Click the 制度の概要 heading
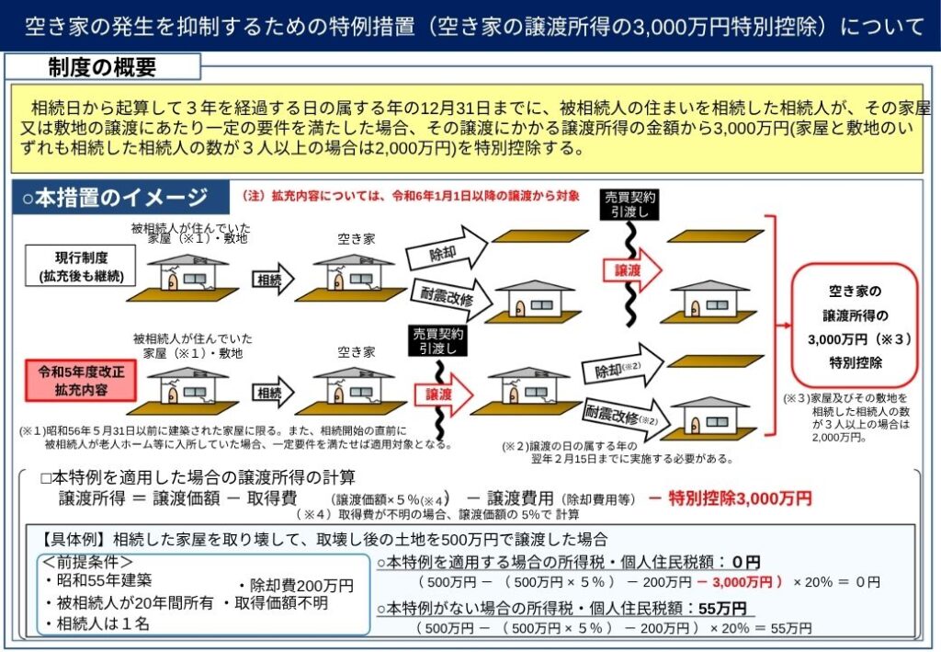click(102, 66)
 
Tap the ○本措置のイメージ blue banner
click(120, 197)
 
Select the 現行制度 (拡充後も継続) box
click(81, 266)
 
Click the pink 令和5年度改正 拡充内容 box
click(81, 381)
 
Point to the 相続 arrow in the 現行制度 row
click(273, 280)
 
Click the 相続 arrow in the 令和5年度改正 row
click(273, 393)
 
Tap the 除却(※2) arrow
click(622, 366)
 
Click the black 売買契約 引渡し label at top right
click(629, 204)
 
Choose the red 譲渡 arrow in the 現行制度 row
click(631, 270)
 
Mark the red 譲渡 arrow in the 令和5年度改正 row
click(443, 395)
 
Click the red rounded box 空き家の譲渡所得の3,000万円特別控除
click(855, 326)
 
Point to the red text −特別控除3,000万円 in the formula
click(731, 498)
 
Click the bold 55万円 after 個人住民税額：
click(722, 608)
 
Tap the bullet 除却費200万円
click(297, 585)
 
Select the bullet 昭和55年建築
click(98, 580)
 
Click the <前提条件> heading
click(87, 562)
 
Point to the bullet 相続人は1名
click(96, 623)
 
